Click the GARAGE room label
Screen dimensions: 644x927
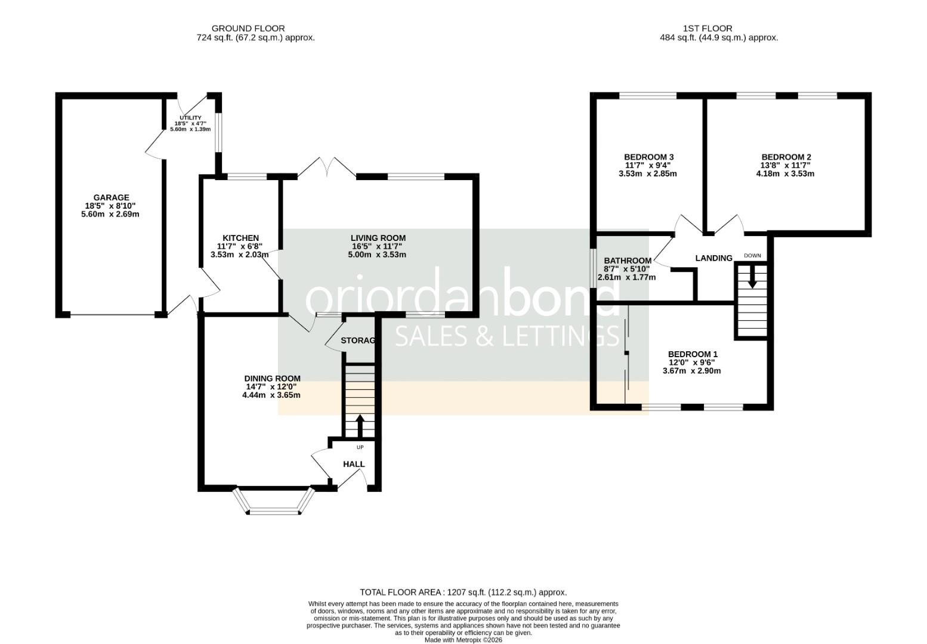point(110,198)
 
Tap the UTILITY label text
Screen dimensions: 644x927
point(190,118)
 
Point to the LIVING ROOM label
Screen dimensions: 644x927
point(378,238)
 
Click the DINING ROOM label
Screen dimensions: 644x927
point(272,379)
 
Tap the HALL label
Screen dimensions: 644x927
point(354,464)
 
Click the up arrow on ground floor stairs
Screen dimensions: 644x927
point(360,425)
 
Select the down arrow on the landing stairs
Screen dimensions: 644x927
point(752,277)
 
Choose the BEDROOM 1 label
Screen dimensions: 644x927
point(692,354)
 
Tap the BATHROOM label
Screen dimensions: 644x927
point(628,261)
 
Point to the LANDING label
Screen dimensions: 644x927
point(713,258)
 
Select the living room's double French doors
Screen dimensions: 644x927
point(326,168)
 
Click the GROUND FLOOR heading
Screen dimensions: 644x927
point(248,28)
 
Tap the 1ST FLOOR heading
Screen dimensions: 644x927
point(707,28)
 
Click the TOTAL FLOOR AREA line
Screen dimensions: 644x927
point(463,592)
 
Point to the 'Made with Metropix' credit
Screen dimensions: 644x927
point(463,640)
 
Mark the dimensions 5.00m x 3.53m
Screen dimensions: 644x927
point(377,255)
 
